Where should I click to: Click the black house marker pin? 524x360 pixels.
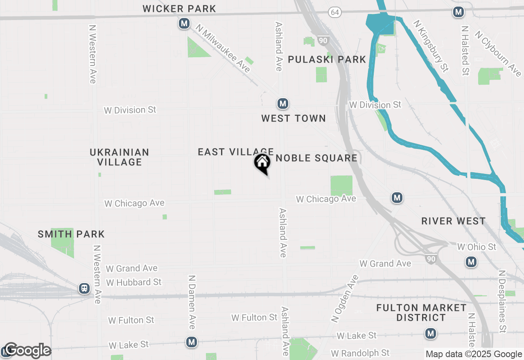click(x=262, y=163)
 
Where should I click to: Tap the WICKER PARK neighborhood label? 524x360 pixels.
click(x=179, y=9)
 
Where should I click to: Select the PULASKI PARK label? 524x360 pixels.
click(x=327, y=60)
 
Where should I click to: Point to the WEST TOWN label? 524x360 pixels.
click(x=294, y=119)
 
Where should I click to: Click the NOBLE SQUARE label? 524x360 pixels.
click(x=316, y=158)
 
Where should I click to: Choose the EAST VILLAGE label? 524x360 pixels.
click(x=235, y=152)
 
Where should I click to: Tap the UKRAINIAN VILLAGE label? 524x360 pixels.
click(x=120, y=157)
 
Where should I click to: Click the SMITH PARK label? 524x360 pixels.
click(x=71, y=234)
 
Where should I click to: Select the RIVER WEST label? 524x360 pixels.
click(x=454, y=221)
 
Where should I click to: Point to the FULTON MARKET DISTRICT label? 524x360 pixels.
click(x=421, y=313)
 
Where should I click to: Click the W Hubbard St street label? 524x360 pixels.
click(x=134, y=282)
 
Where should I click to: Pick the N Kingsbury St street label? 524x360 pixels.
click(x=431, y=46)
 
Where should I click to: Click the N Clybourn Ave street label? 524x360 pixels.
click(x=498, y=53)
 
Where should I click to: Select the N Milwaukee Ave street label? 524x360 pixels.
click(x=223, y=48)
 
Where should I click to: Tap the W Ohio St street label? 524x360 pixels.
click(x=477, y=247)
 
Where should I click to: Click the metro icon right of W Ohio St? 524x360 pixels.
click(x=471, y=262)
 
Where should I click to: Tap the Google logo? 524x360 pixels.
click(x=27, y=351)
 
